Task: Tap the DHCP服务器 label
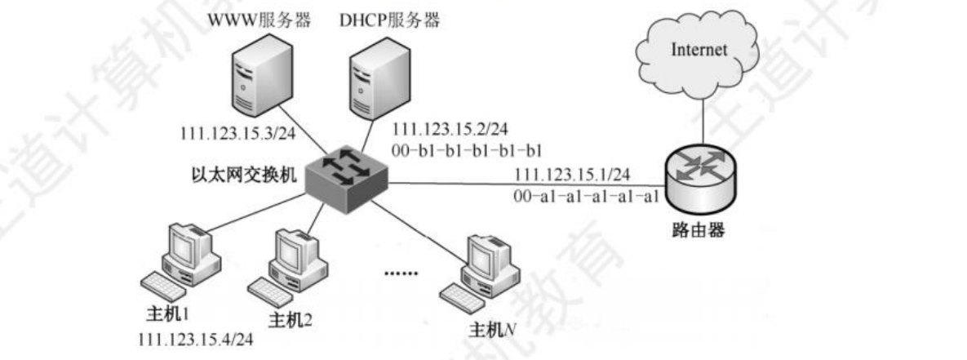tap(390, 20)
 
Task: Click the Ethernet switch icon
tap(344, 178)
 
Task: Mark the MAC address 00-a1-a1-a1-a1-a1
tap(586, 196)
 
